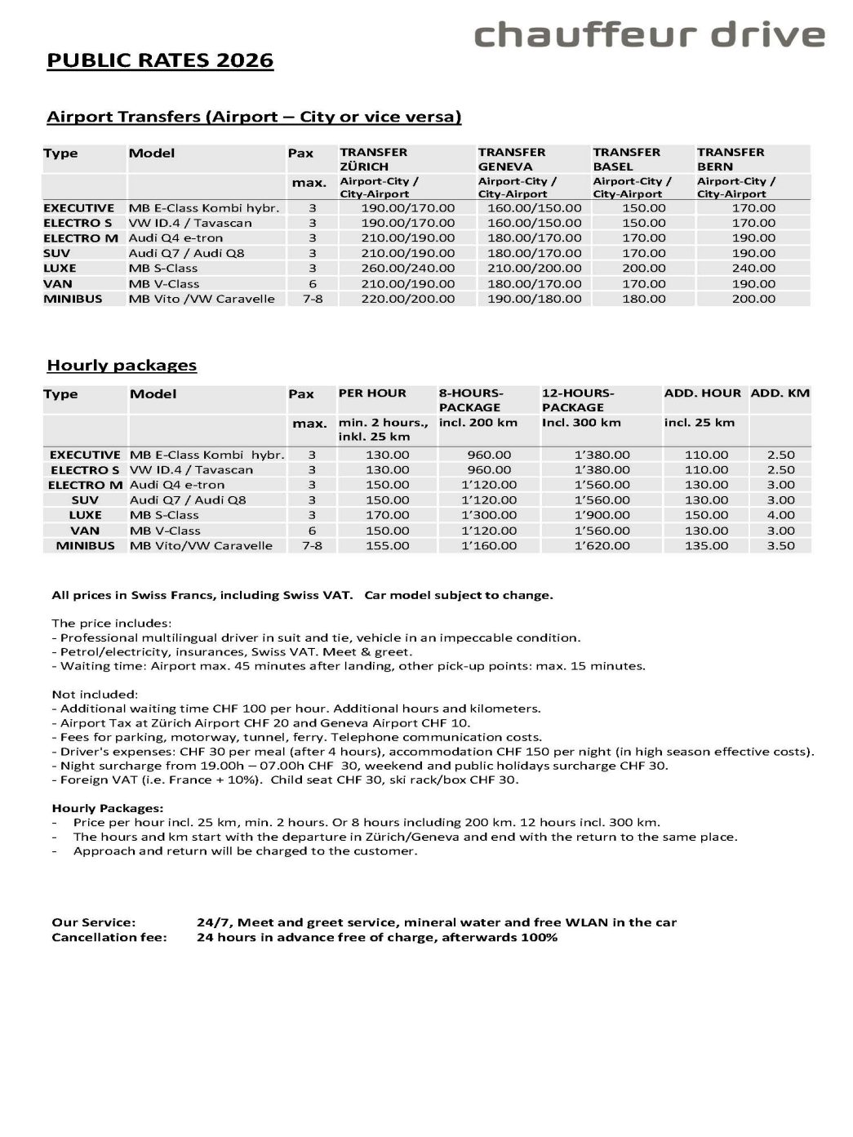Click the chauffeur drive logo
point(649,35)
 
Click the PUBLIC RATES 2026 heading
point(160,61)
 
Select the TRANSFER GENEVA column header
point(512,159)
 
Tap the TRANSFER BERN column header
point(731,159)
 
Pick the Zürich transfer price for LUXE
point(407,268)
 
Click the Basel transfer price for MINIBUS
point(643,299)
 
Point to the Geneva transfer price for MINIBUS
point(530,299)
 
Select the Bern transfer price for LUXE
point(753,268)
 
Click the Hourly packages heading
point(122,366)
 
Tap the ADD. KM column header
point(780,393)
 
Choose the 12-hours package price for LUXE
point(602,515)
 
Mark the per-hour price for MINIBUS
point(387,545)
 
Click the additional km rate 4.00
point(780,515)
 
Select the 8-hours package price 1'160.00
point(489,545)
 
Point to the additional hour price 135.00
point(706,545)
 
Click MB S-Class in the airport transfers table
point(163,268)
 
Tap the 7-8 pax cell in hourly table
point(312,545)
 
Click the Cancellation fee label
point(109,937)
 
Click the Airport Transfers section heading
point(254,117)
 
